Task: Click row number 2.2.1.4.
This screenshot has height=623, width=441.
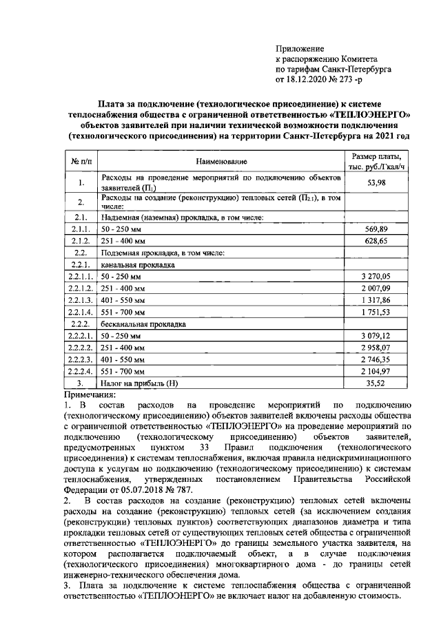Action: pyautogui.click(x=81, y=312)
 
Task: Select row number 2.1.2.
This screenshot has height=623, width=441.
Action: pyautogui.click(x=81, y=240)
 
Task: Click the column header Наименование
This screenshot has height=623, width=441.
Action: pyautogui.click(x=220, y=162)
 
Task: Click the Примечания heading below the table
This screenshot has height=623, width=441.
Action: pyautogui.click(x=90, y=394)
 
